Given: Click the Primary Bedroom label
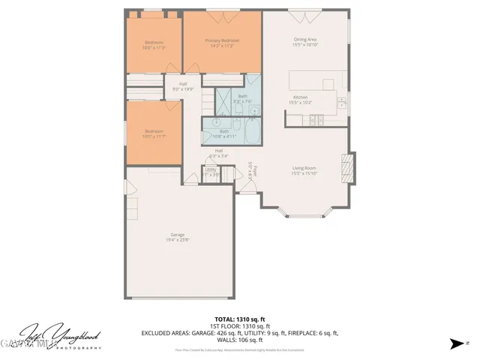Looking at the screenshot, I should pyautogui.click(x=222, y=40).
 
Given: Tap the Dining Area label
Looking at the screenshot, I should pyautogui.click(x=304, y=40).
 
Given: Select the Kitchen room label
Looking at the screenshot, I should pyautogui.click(x=300, y=97).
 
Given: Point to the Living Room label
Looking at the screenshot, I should pyautogui.click(x=304, y=168).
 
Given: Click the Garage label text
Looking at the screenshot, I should pyautogui.click(x=178, y=235).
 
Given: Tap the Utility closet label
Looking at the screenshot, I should pyautogui.click(x=211, y=169).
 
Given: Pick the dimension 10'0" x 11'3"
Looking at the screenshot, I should pyautogui.click(x=154, y=47).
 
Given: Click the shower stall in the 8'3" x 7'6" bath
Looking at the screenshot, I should pyautogui.click(x=226, y=99).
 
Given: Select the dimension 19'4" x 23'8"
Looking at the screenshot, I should pyautogui.click(x=178, y=240).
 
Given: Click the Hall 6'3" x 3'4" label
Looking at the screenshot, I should pyautogui.click(x=219, y=153).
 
